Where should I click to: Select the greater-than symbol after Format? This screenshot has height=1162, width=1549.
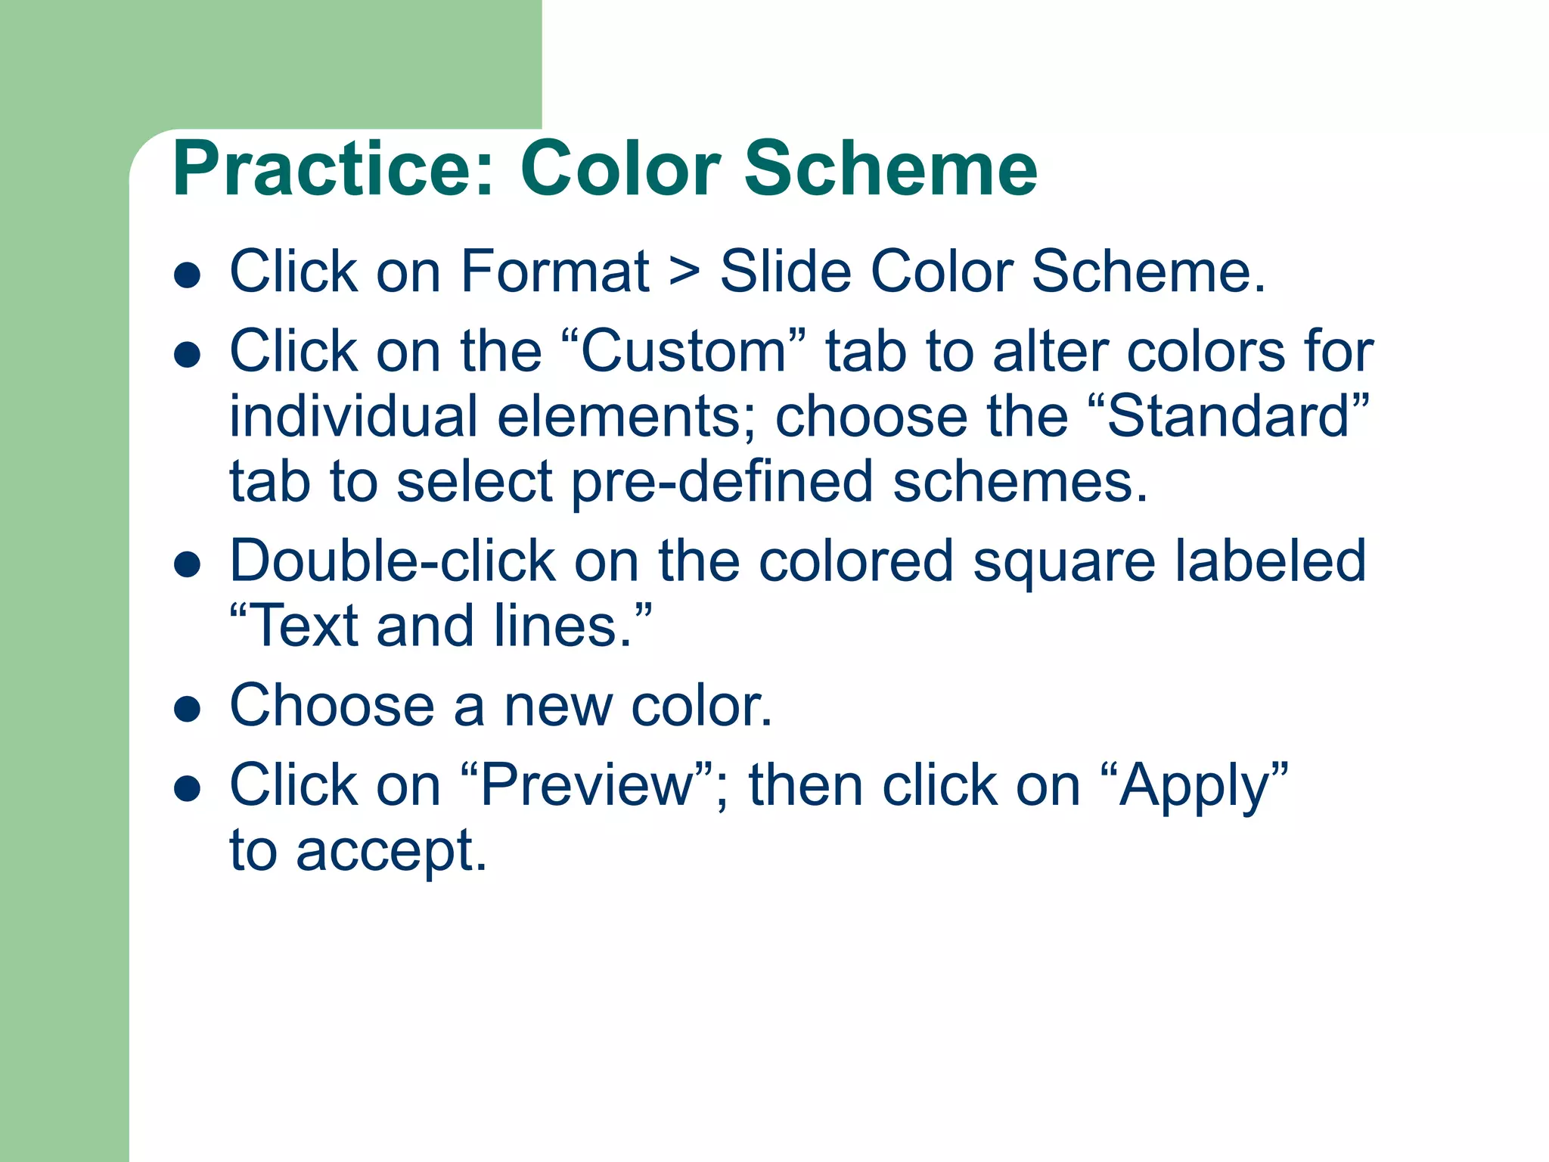point(684,272)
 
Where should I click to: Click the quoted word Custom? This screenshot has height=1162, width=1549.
point(684,352)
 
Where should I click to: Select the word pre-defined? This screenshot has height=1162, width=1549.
point(722,483)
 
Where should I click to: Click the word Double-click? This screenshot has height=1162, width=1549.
point(393,561)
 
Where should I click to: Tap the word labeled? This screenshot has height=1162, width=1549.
point(1271,561)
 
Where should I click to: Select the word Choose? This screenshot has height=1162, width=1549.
point(331,705)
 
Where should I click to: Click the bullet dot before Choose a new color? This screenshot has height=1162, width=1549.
point(187,709)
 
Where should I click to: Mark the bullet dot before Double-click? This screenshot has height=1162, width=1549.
point(187,564)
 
